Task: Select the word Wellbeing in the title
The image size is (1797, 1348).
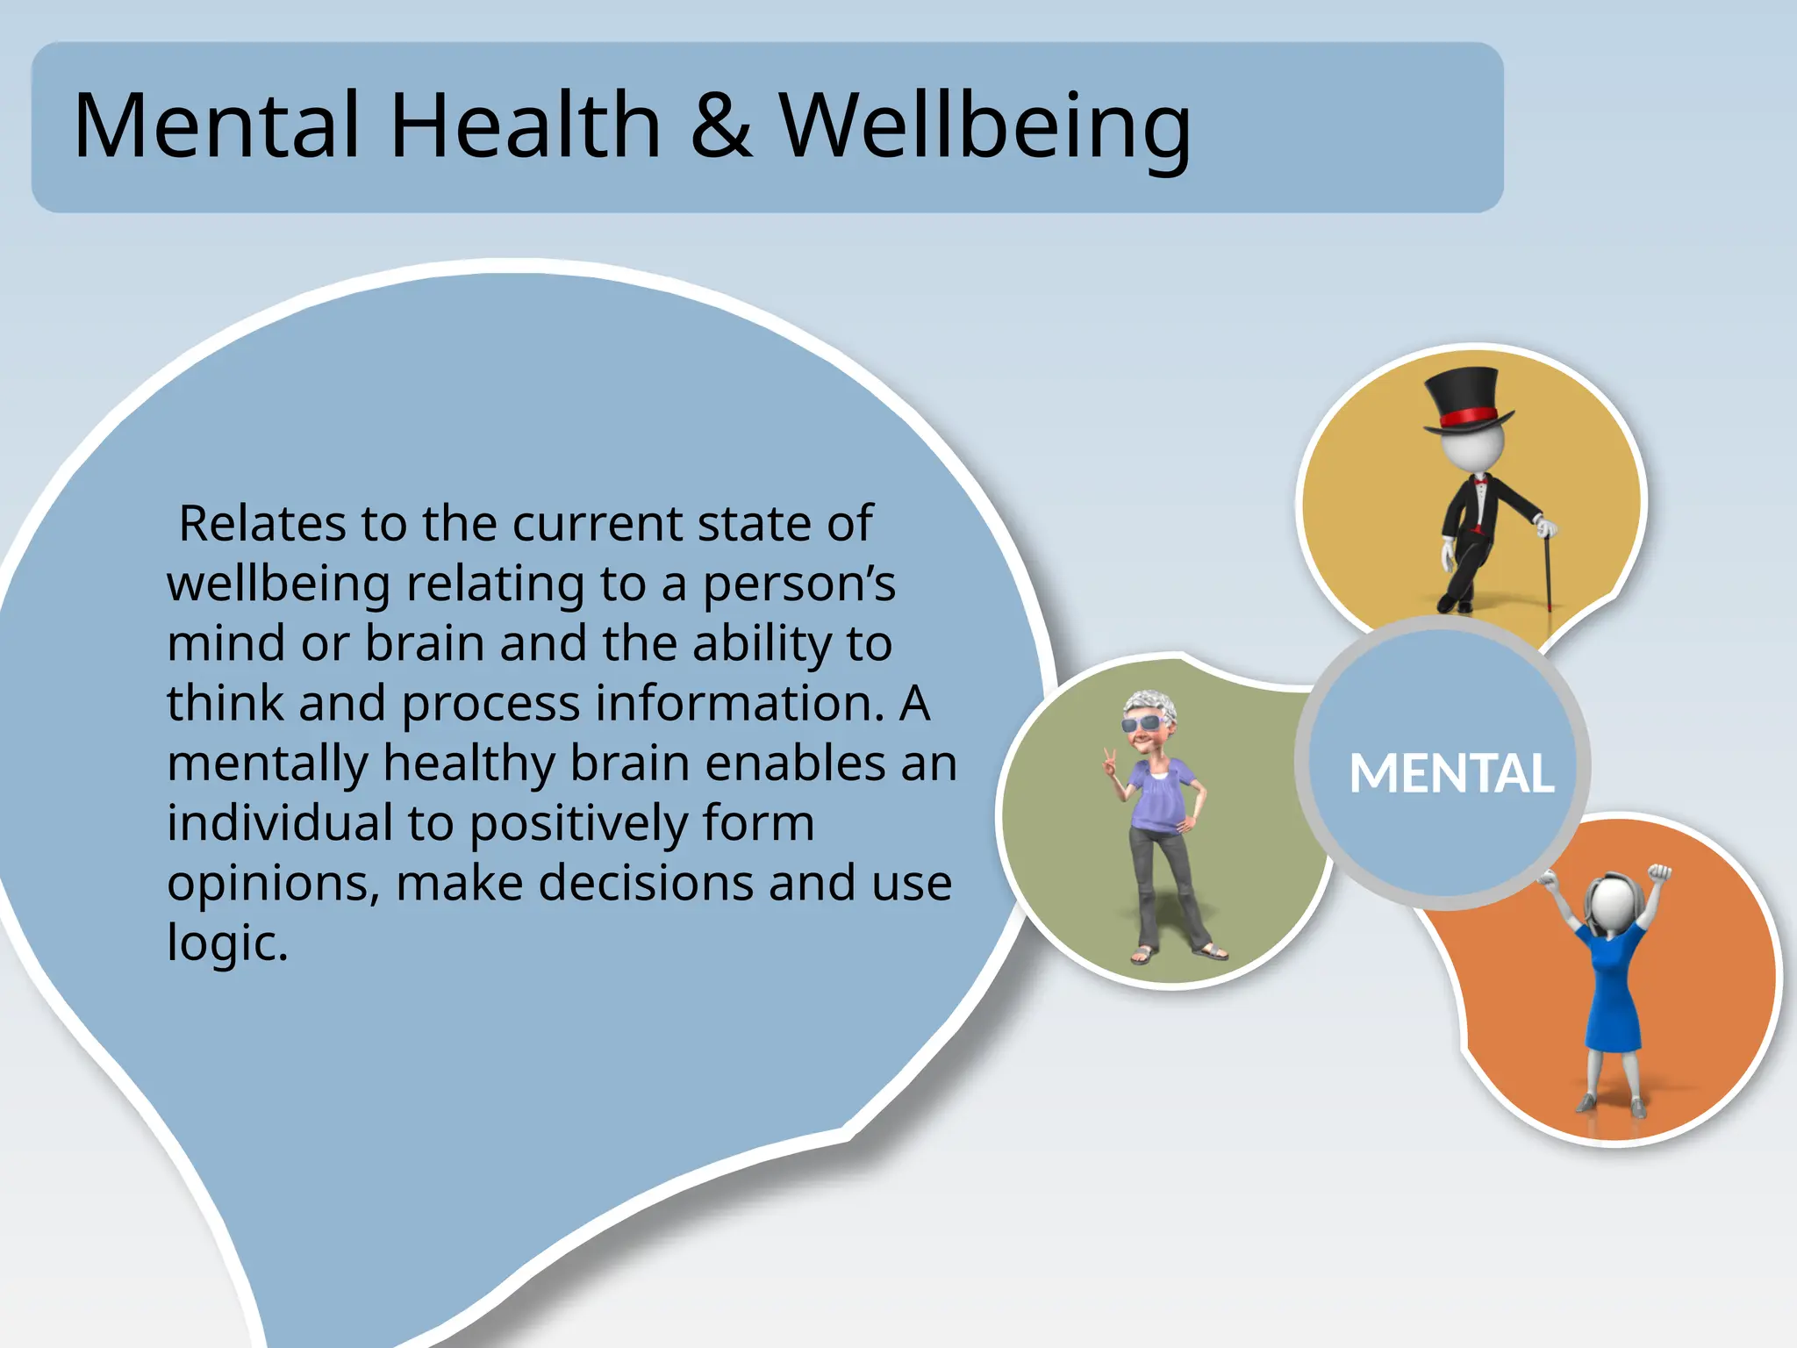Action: (x=984, y=128)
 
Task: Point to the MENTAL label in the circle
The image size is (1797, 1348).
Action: (x=1451, y=774)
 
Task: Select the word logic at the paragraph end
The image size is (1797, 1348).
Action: (x=226, y=943)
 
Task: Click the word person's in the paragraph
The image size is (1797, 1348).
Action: (x=798, y=584)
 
